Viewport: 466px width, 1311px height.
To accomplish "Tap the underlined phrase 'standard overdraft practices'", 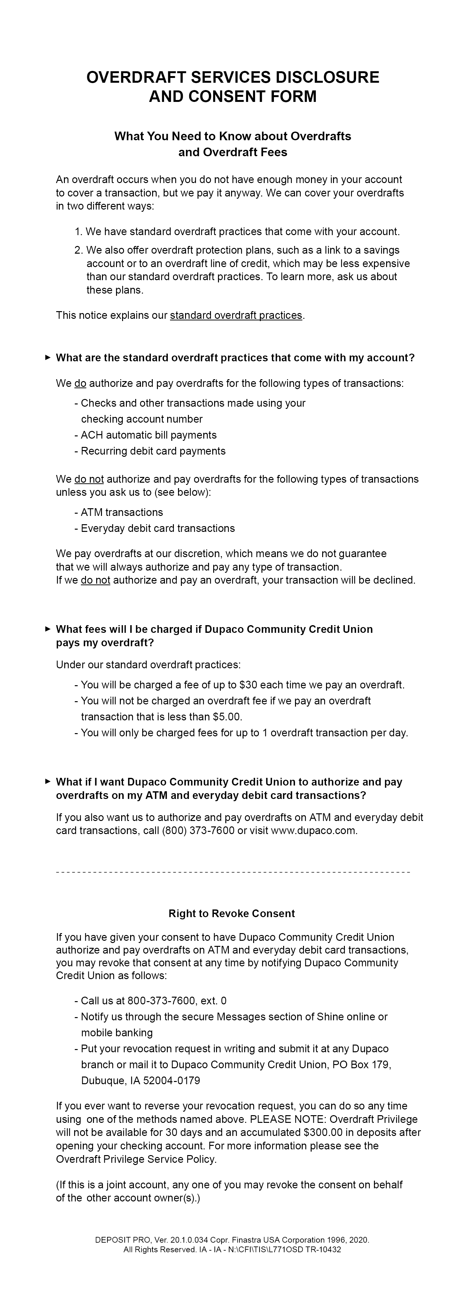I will pos(236,316).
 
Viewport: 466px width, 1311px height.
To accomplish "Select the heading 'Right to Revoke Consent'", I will pos(232,914).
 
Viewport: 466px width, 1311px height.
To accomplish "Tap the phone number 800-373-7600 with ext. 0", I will pos(176,1001).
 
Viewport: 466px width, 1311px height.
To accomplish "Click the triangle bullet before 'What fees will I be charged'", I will pos(48,629).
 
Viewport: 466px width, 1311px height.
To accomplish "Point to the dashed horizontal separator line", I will pos(233,873).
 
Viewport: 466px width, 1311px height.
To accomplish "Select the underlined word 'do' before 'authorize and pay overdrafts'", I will pos(80,384).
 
